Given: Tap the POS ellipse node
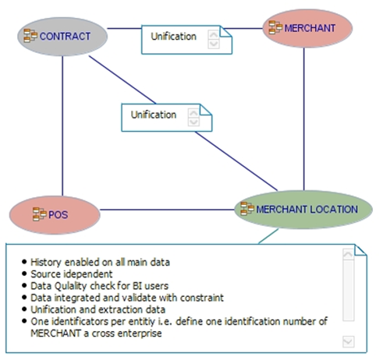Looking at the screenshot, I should click(x=55, y=214).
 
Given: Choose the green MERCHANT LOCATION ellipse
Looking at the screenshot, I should click(x=299, y=209).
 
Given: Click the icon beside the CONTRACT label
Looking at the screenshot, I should click(x=30, y=36).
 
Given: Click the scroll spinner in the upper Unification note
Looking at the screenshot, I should click(x=213, y=39).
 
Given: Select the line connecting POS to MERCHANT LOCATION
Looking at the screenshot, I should click(x=168, y=209).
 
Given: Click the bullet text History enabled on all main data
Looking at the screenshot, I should click(x=101, y=261).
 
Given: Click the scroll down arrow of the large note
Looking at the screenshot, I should click(x=348, y=341).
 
